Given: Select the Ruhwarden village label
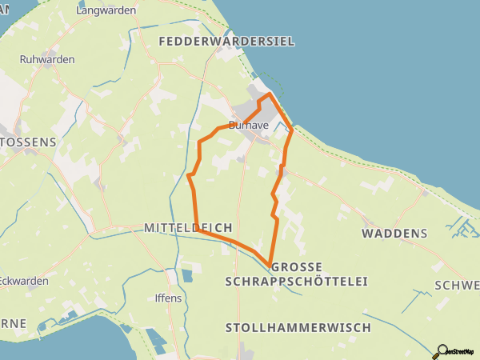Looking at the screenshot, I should point(46,59).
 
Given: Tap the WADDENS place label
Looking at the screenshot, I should point(394,234).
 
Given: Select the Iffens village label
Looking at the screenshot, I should point(168,298).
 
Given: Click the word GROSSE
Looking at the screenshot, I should point(296,266).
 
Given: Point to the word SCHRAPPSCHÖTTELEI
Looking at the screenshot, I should point(296,282).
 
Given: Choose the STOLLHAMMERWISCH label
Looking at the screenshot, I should point(298,328).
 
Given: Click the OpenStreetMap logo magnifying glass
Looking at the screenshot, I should point(442,350).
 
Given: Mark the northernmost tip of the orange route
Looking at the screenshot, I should point(269,94).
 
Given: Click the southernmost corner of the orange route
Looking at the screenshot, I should point(268,262).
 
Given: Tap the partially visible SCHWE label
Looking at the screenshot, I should point(456,286).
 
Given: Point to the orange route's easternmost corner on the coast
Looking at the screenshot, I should point(292,129).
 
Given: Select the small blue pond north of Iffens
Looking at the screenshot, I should point(186,276).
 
